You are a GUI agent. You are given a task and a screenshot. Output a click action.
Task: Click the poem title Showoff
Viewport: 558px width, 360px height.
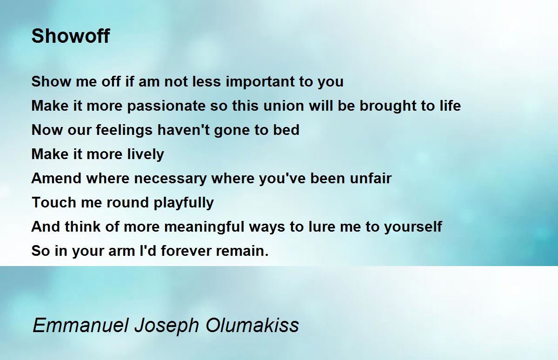[x=71, y=36]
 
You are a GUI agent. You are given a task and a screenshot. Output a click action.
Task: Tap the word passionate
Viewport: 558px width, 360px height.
[x=166, y=106]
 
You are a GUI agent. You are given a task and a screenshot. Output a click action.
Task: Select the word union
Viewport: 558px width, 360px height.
[x=284, y=106]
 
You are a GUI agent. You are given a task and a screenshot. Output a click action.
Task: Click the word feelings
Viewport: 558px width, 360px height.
[x=124, y=130]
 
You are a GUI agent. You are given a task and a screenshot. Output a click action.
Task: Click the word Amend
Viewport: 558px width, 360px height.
[x=56, y=178]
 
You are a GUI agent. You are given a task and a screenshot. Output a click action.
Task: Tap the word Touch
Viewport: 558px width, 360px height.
[x=54, y=202]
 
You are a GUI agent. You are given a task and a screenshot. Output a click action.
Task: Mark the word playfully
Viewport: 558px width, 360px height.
[x=184, y=203]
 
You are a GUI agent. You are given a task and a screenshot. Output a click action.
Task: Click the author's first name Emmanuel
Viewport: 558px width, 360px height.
[x=81, y=325]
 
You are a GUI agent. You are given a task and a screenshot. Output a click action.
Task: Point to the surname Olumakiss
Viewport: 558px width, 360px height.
[x=252, y=325]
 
